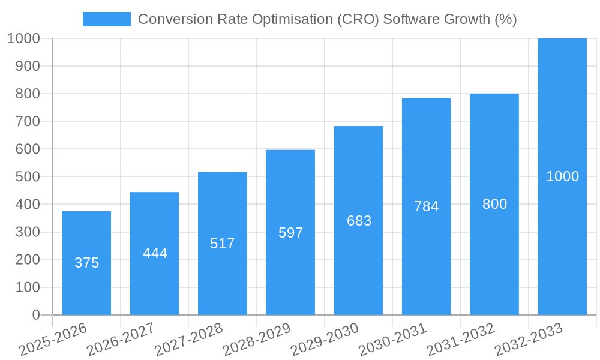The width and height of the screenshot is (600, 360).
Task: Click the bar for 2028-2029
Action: point(290,270)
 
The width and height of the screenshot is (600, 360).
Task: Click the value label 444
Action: point(155,253)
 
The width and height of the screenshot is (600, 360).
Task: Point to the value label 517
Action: point(222,244)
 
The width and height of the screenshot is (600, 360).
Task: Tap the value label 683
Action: point(359,221)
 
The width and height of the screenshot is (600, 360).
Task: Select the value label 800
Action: point(494,204)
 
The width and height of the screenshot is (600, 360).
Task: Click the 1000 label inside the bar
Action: point(562,176)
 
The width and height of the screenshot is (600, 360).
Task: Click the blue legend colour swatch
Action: point(106,19)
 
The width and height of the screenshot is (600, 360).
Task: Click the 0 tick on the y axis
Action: point(36,315)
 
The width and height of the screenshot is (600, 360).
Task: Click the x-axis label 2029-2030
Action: point(325,339)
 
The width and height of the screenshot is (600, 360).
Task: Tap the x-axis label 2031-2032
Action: point(461,339)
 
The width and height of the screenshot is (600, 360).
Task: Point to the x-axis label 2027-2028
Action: point(189,339)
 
